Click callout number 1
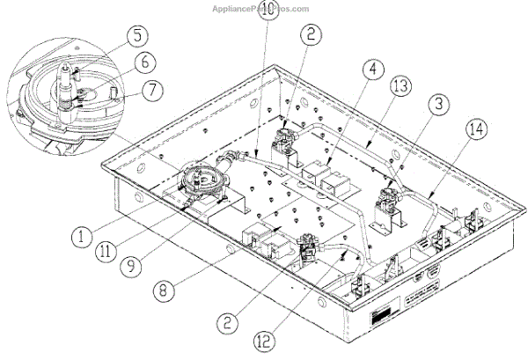82,236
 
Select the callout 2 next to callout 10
309,35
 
